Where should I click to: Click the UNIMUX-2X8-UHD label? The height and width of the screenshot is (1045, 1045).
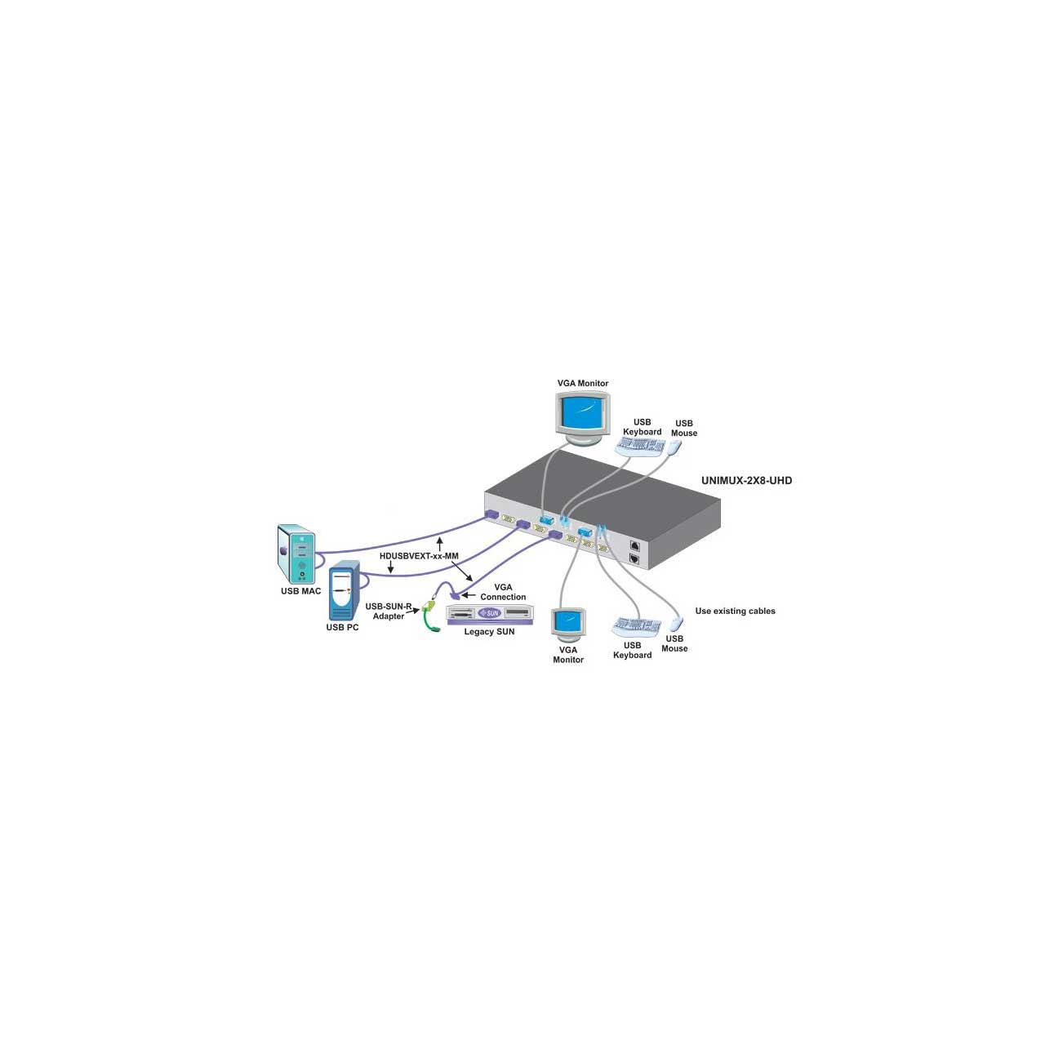(746, 481)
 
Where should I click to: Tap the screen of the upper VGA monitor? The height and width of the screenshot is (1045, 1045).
(582, 413)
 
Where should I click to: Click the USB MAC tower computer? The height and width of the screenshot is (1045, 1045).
(296, 554)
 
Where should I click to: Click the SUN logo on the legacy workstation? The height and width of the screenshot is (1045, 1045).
(490, 613)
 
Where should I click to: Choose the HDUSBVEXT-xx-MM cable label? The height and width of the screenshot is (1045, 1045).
(419, 556)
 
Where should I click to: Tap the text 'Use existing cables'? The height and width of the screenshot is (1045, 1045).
(735, 611)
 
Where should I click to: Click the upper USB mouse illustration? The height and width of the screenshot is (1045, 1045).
(674, 447)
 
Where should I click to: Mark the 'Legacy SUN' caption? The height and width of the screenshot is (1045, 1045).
(489, 632)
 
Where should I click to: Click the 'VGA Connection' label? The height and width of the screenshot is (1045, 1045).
(503, 592)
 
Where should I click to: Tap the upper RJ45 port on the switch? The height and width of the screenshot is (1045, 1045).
(634, 547)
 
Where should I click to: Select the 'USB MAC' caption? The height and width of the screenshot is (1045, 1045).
(300, 591)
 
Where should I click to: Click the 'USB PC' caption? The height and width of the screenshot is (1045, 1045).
(342, 628)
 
